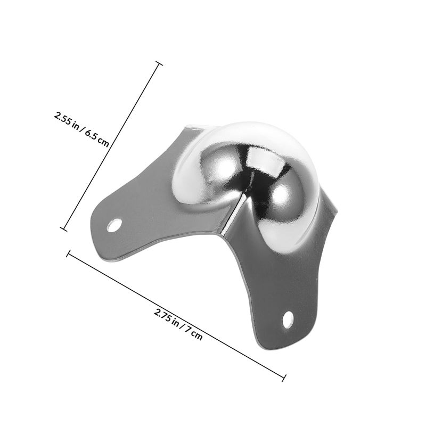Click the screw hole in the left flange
[x=114, y=225]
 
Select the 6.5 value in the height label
[x=91, y=135]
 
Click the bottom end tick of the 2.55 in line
[x=63, y=229]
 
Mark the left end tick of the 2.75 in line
[x=69, y=253]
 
